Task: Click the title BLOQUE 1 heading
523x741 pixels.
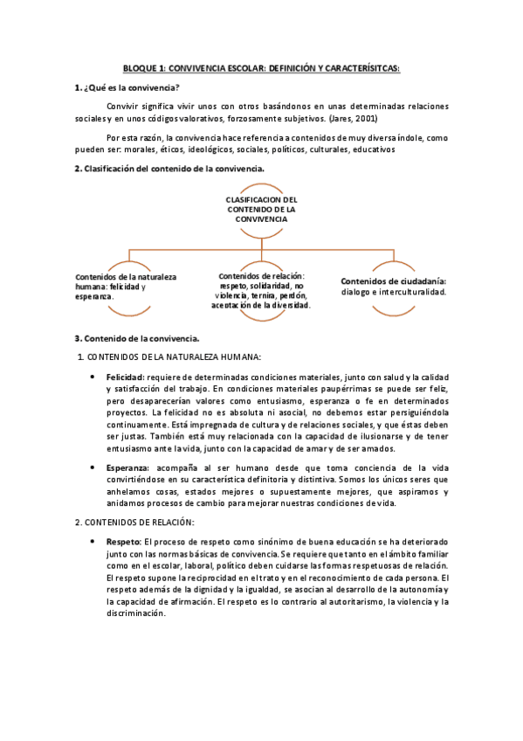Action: click(x=261, y=67)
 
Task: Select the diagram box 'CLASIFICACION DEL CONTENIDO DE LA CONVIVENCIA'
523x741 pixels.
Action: click(x=261, y=210)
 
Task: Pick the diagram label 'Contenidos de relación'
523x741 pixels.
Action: click(x=261, y=276)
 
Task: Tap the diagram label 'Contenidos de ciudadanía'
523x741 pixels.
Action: click(x=393, y=281)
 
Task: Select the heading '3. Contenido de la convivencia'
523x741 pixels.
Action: click(x=137, y=338)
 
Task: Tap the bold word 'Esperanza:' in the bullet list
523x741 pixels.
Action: click(x=128, y=468)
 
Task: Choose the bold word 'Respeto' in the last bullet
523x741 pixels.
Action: click(x=123, y=542)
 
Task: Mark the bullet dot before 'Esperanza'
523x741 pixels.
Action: click(x=93, y=468)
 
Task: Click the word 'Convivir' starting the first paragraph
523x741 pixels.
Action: click(x=124, y=106)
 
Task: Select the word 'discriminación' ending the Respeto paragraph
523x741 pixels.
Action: click(x=134, y=614)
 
